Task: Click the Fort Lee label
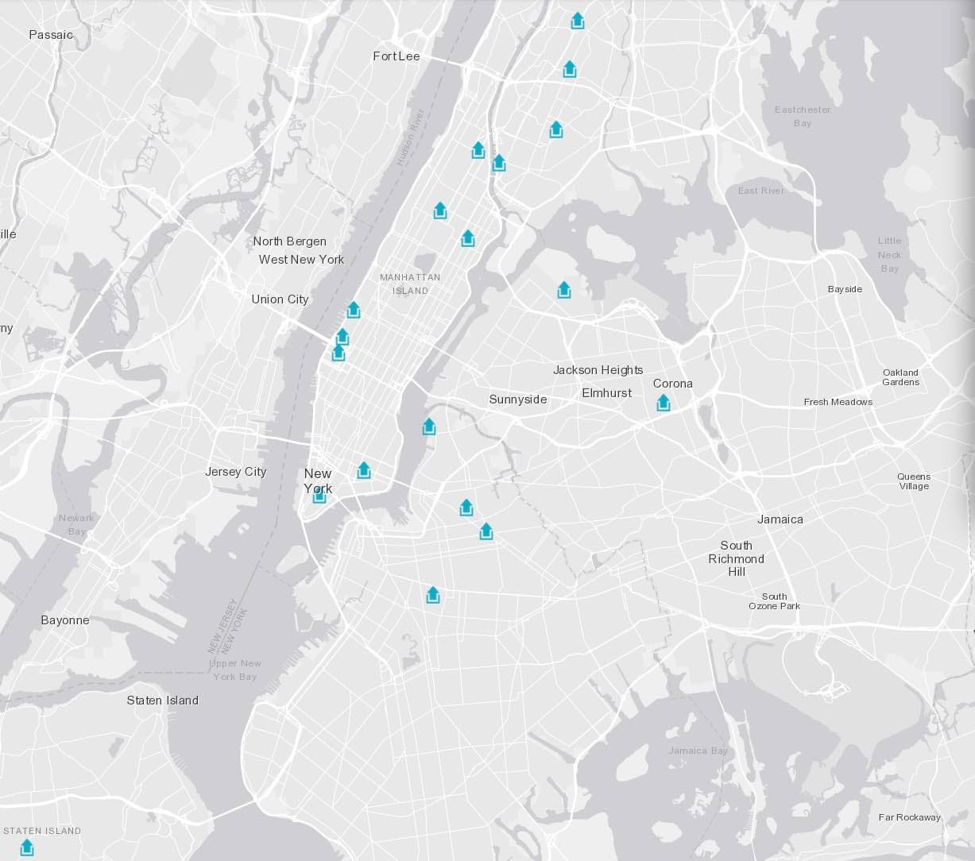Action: [397, 56]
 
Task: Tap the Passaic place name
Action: [51, 35]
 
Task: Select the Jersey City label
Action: [235, 472]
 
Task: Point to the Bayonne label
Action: [65, 620]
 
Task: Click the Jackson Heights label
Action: [598, 370]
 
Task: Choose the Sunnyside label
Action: [517, 400]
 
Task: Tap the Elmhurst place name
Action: [606, 393]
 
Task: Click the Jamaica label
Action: [780, 519]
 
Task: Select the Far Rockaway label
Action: [909, 817]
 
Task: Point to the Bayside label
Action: [845, 289]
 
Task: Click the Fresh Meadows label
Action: [838, 402]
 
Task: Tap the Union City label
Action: [280, 299]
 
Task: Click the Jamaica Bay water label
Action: [698, 751]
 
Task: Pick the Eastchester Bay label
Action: [803, 116]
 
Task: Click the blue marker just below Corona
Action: [664, 403]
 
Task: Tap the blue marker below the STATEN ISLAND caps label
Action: [27, 847]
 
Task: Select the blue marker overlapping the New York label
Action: [319, 495]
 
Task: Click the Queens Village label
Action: [914, 481]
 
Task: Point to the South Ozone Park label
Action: [774, 601]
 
